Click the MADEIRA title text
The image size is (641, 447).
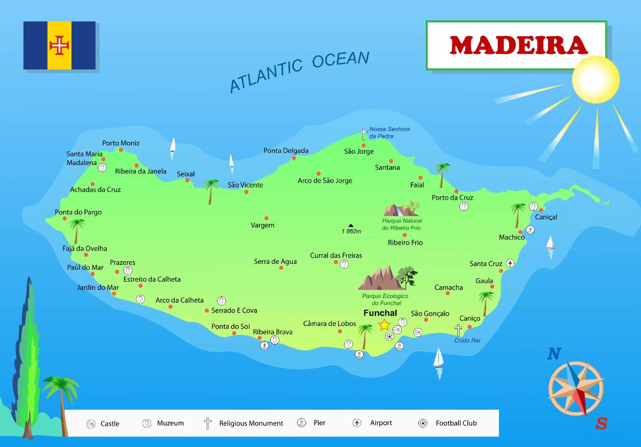tap(518, 45)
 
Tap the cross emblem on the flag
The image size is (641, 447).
tap(59, 45)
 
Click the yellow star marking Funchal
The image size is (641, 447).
tap(384, 325)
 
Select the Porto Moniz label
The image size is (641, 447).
tap(121, 143)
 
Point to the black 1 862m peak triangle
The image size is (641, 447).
tap(351, 225)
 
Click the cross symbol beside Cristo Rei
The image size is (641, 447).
tap(458, 331)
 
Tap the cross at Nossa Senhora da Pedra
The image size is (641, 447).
tap(364, 134)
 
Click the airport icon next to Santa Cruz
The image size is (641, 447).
tap(510, 263)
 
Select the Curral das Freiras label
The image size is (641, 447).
tap(336, 255)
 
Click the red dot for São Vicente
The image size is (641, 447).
tap(246, 192)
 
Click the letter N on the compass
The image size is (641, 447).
tap(554, 354)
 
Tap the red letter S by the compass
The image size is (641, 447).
tap(601, 424)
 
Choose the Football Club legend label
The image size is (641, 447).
tap(456, 423)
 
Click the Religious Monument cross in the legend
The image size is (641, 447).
tap(208, 424)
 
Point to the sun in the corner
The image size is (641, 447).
tap(596, 80)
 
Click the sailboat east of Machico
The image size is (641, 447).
tap(550, 244)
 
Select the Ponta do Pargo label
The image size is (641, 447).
tap(78, 212)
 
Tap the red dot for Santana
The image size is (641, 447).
tap(391, 161)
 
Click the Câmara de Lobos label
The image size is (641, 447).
tap(330, 323)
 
